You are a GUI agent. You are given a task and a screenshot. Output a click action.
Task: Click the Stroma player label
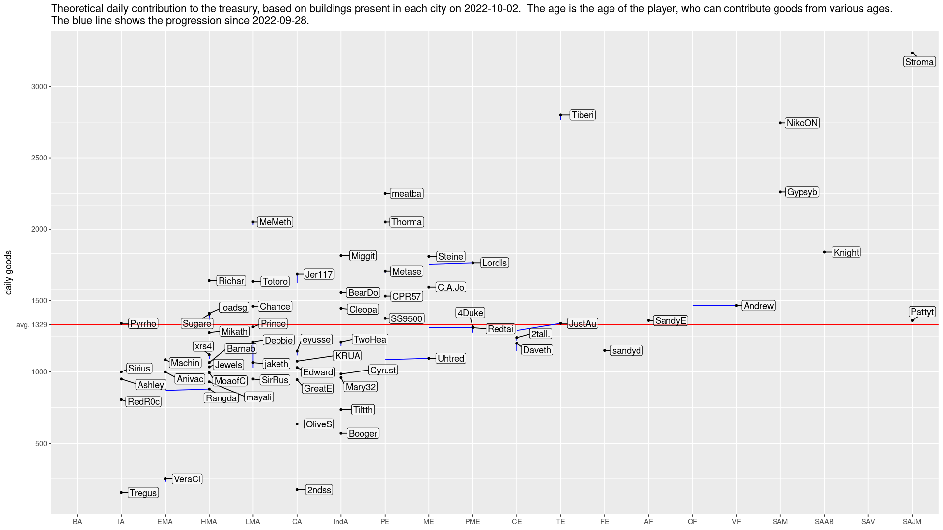(919, 62)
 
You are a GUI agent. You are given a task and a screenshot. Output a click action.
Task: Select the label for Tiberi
(583, 115)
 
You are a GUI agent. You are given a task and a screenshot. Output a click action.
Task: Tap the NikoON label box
(802, 123)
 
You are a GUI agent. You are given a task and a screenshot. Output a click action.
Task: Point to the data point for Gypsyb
(780, 192)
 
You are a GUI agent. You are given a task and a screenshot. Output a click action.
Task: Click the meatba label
(407, 194)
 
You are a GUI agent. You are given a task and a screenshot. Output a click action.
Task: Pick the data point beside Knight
(824, 252)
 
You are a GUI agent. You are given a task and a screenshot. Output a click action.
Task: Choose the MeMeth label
(275, 222)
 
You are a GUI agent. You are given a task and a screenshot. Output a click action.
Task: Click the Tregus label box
(143, 493)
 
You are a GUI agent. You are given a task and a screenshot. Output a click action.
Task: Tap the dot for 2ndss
(297, 490)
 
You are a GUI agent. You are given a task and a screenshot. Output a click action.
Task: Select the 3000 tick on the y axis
(39, 87)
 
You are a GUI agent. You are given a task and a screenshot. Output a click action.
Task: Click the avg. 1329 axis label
(32, 325)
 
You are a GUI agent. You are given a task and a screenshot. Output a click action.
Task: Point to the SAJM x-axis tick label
(912, 522)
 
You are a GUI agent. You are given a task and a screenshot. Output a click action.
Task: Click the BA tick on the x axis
(77, 522)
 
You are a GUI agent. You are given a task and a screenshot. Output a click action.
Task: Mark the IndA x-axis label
(341, 522)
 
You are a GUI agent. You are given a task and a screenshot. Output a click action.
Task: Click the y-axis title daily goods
(8, 273)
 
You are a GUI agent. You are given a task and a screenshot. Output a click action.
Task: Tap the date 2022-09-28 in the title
(279, 21)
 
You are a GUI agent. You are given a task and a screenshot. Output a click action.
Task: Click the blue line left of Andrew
(715, 306)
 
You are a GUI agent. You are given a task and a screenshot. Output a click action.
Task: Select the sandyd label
(627, 351)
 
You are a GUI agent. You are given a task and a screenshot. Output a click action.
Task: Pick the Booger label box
(363, 434)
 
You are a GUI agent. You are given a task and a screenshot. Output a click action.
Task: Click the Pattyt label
(922, 312)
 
